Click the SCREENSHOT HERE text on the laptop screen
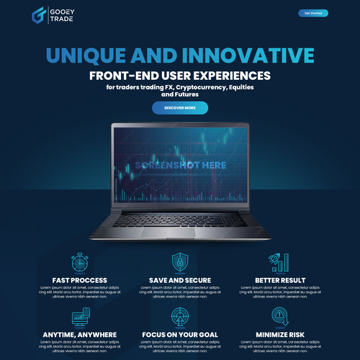180,166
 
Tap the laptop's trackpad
180,232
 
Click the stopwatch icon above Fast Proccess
80,262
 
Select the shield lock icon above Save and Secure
180,262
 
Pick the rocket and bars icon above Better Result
280,262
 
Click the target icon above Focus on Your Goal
180,316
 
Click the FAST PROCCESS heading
80,280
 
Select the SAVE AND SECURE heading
180,280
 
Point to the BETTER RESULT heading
280,280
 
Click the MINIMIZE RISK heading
280,334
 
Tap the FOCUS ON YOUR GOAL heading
180,334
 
